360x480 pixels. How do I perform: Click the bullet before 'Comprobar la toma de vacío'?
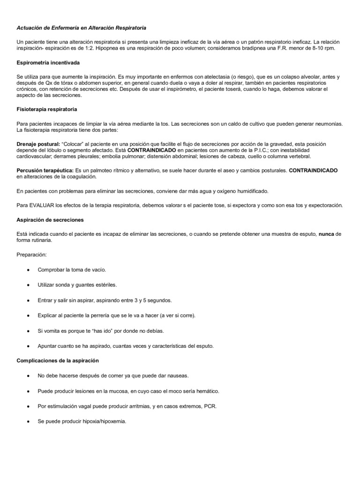29,270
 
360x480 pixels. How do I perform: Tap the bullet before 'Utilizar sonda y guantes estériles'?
29,285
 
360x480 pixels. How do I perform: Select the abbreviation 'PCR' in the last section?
210,406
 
